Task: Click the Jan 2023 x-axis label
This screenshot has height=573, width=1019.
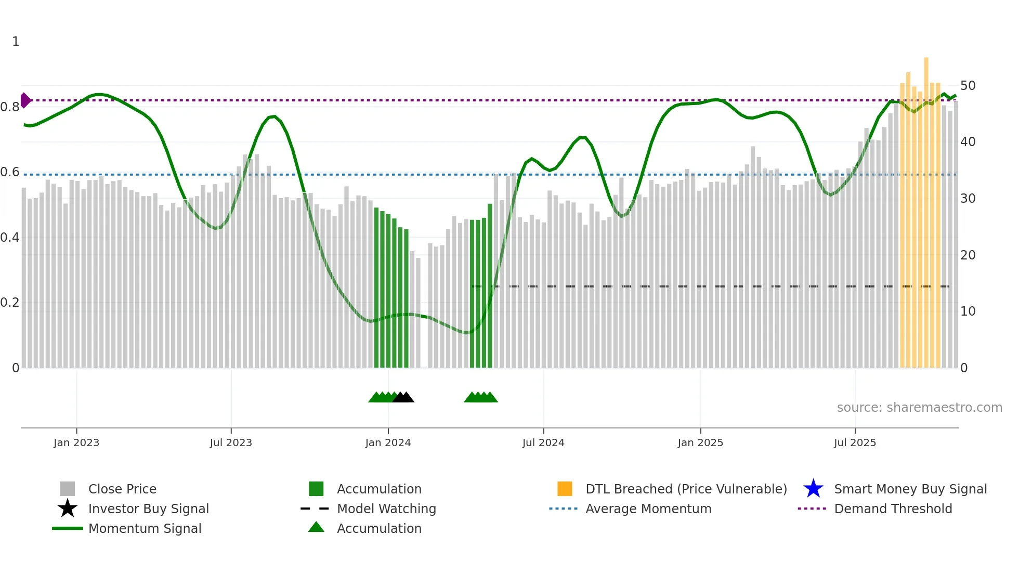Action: tap(76, 443)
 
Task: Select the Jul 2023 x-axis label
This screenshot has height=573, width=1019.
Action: tap(231, 443)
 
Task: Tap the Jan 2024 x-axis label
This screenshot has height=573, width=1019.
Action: tap(388, 443)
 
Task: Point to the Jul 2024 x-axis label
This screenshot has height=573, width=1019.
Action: tap(543, 443)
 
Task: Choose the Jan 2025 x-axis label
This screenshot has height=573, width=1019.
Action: tap(700, 443)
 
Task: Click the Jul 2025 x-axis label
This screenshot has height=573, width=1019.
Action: tap(855, 443)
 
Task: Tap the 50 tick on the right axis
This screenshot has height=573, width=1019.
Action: tap(968, 86)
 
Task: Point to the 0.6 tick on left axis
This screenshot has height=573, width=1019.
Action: tap(10, 172)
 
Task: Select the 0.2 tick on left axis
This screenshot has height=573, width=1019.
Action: tap(10, 303)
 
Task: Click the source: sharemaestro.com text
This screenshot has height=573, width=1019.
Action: tap(919, 408)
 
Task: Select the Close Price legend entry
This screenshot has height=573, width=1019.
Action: tap(122, 489)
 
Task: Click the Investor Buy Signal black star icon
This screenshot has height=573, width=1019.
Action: tap(68, 509)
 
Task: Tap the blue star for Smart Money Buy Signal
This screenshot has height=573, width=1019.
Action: tap(813, 489)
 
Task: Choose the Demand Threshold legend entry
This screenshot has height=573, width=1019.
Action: tap(893, 509)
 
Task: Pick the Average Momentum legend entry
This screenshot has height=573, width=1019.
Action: tap(648, 509)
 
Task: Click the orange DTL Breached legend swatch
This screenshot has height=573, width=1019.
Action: tap(565, 489)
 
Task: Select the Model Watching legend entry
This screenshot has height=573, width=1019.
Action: tap(386, 509)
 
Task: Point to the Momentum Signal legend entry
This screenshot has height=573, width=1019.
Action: tap(145, 529)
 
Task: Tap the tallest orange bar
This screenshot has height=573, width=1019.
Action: tap(926, 208)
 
